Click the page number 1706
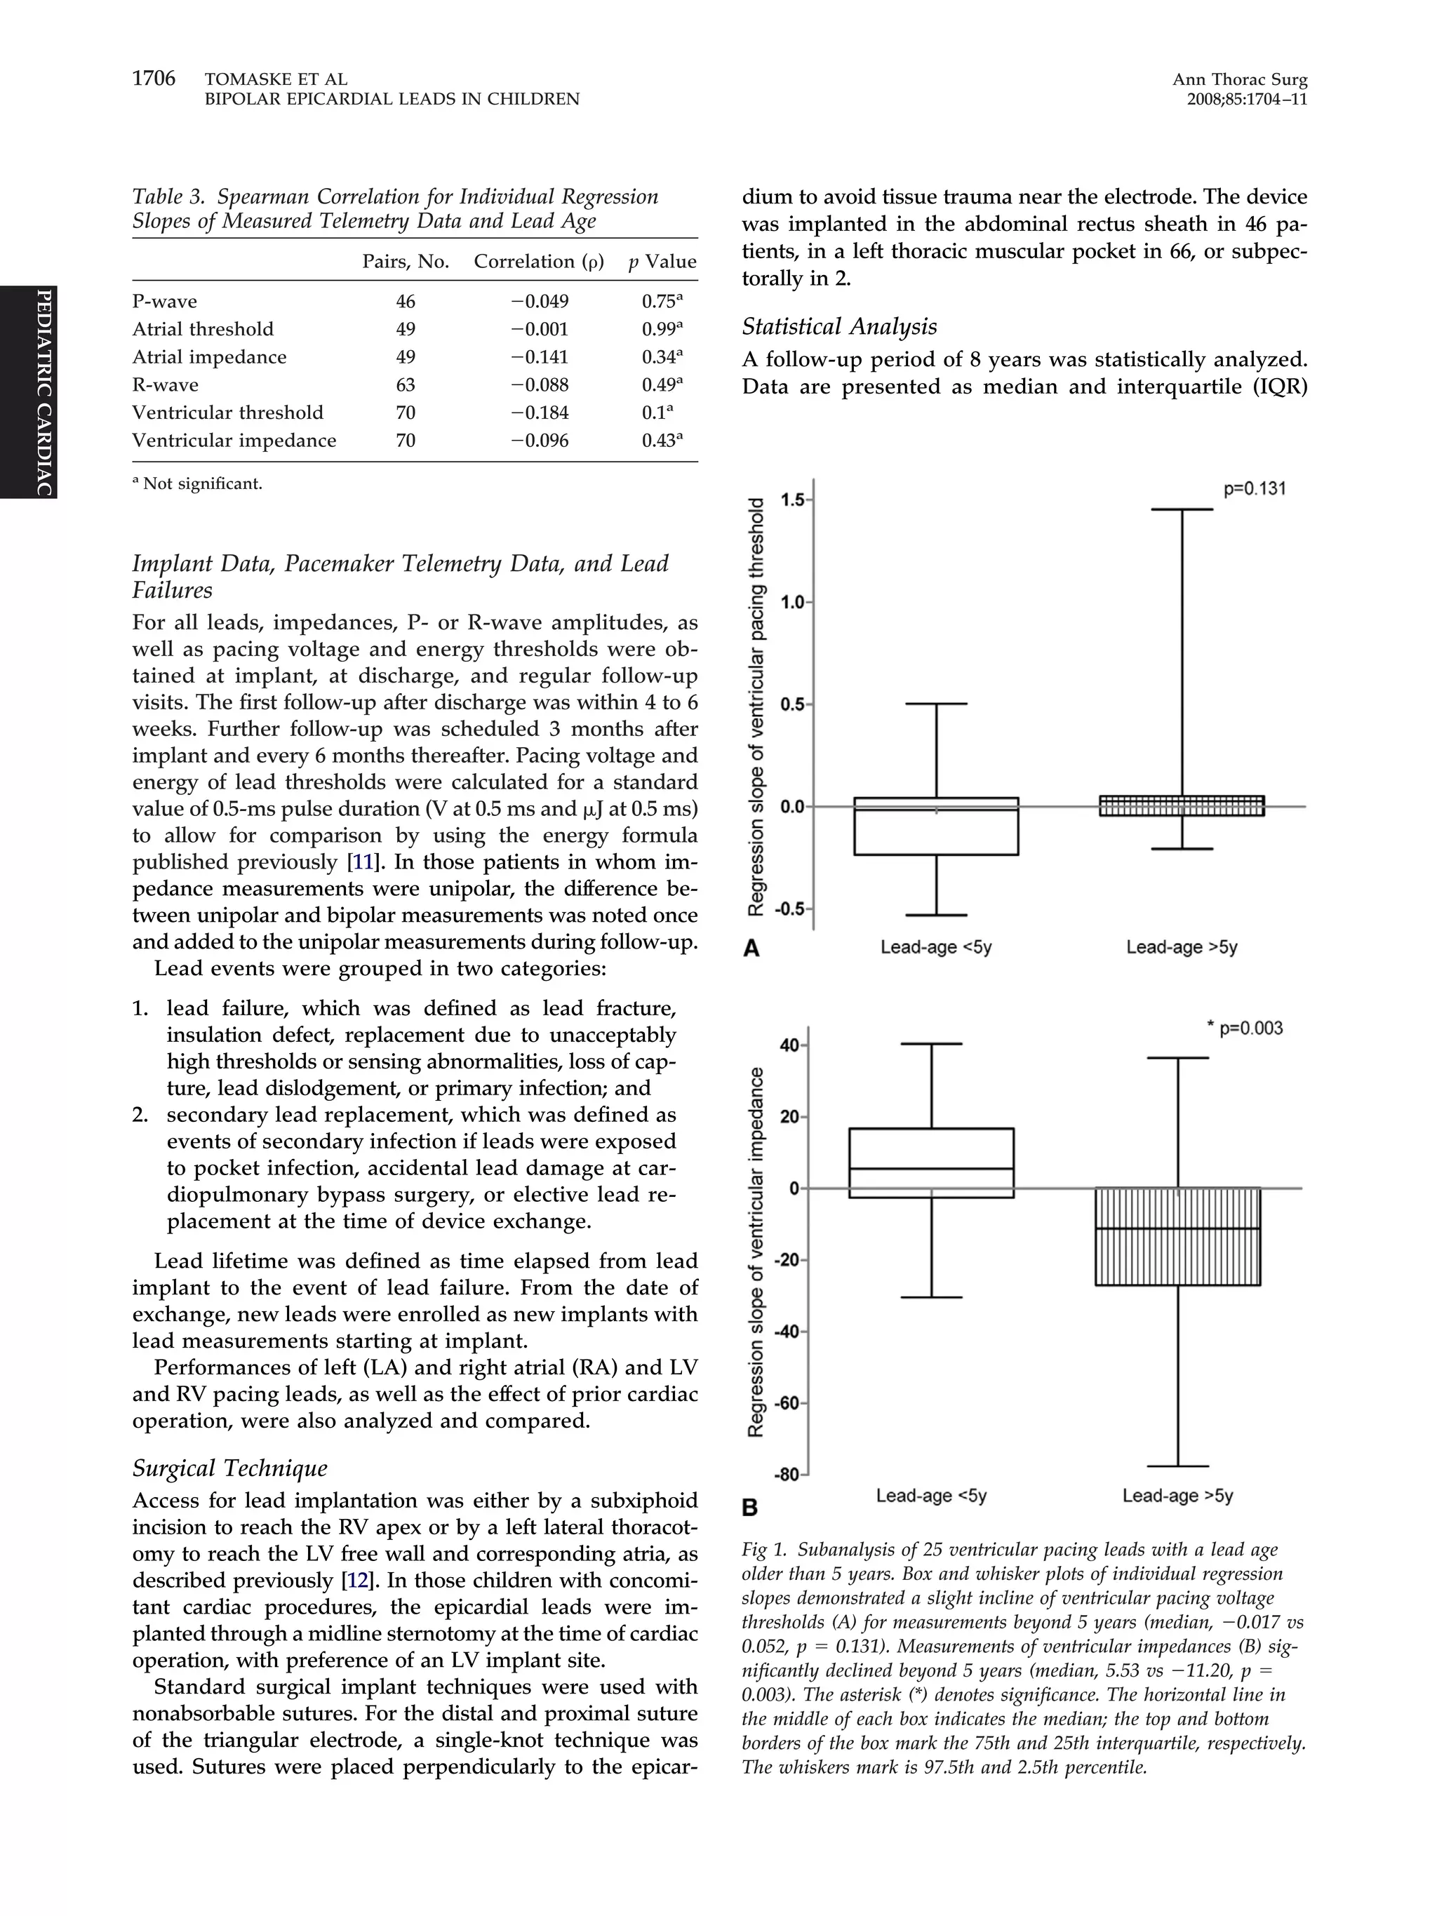[154, 79]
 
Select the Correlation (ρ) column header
[538, 262]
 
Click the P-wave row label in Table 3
[165, 302]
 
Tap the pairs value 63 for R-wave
[406, 385]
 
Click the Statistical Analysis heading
[838, 326]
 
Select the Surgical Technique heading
[229, 1468]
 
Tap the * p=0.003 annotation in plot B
[1245, 1029]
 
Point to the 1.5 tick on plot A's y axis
[791, 500]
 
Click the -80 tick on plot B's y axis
[787, 1475]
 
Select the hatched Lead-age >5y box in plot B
[1177, 1236]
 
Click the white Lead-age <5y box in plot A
[935, 826]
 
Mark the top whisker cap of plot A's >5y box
[1182, 509]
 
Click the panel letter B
[750, 1508]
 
